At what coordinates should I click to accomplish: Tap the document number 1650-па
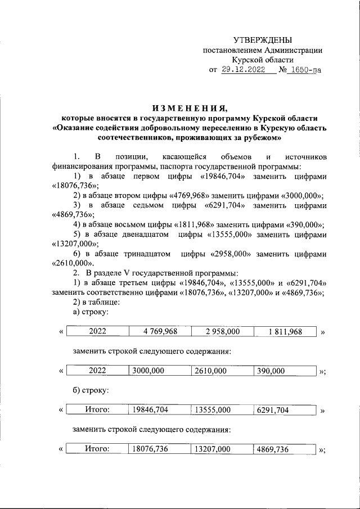[305, 70]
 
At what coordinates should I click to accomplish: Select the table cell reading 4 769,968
[160, 332]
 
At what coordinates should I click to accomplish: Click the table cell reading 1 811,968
[285, 332]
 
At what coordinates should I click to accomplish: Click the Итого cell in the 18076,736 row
[96, 449]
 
